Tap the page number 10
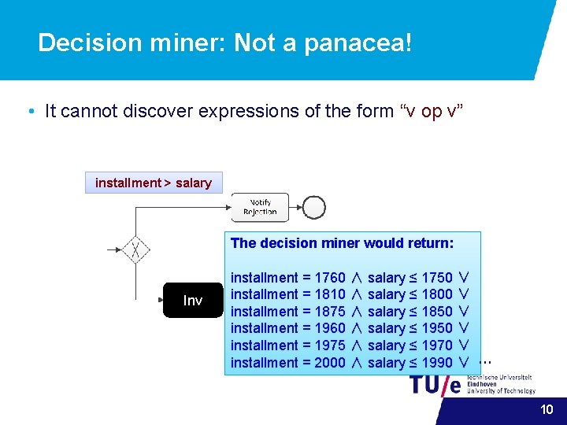(547, 409)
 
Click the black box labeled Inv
(193, 300)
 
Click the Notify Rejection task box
(260, 207)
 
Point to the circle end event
(314, 207)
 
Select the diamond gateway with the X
(136, 250)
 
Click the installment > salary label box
(154, 183)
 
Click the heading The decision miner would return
(342, 243)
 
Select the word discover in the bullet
(157, 111)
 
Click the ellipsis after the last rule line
(485, 361)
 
